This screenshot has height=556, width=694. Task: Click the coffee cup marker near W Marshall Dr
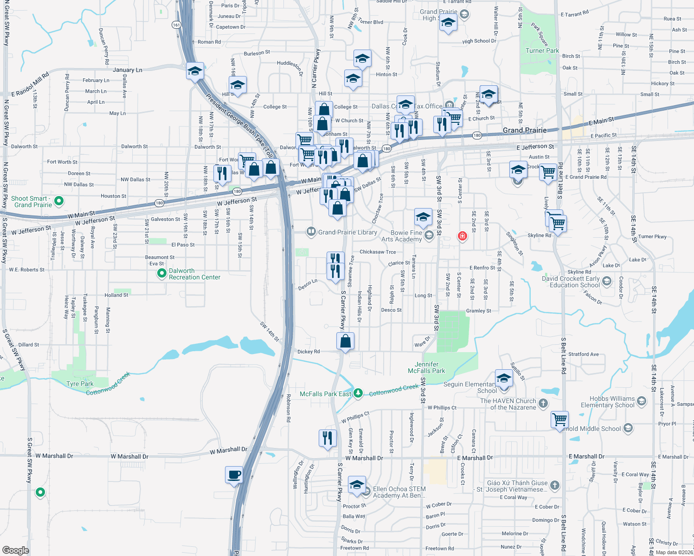pyautogui.click(x=234, y=475)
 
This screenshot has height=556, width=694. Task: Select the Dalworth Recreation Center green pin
pyautogui.click(x=161, y=273)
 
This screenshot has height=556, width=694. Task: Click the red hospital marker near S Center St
pyautogui.click(x=462, y=236)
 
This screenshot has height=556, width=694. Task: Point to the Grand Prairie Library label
pyautogui.click(x=347, y=232)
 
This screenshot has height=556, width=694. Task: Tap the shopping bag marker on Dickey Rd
pyautogui.click(x=346, y=341)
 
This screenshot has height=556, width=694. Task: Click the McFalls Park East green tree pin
pyautogui.click(x=358, y=393)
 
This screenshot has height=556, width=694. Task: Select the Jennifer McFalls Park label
pyautogui.click(x=426, y=367)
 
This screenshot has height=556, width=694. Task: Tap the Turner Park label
pyautogui.click(x=542, y=51)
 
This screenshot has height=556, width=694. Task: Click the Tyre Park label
pyautogui.click(x=80, y=384)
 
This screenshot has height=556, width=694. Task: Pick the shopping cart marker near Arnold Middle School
pyautogui.click(x=560, y=419)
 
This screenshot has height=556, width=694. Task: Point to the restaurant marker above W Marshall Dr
pyautogui.click(x=328, y=437)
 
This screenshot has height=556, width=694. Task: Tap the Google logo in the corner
pyautogui.click(x=15, y=550)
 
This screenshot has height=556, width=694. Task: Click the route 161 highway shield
pyautogui.click(x=176, y=25)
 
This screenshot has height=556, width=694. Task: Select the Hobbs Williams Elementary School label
pyautogui.click(x=607, y=402)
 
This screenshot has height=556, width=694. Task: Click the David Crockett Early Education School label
pyautogui.click(x=574, y=282)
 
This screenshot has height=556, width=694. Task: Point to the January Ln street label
pyautogui.click(x=128, y=70)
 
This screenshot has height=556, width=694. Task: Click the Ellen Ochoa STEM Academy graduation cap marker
pyautogui.click(x=357, y=485)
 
